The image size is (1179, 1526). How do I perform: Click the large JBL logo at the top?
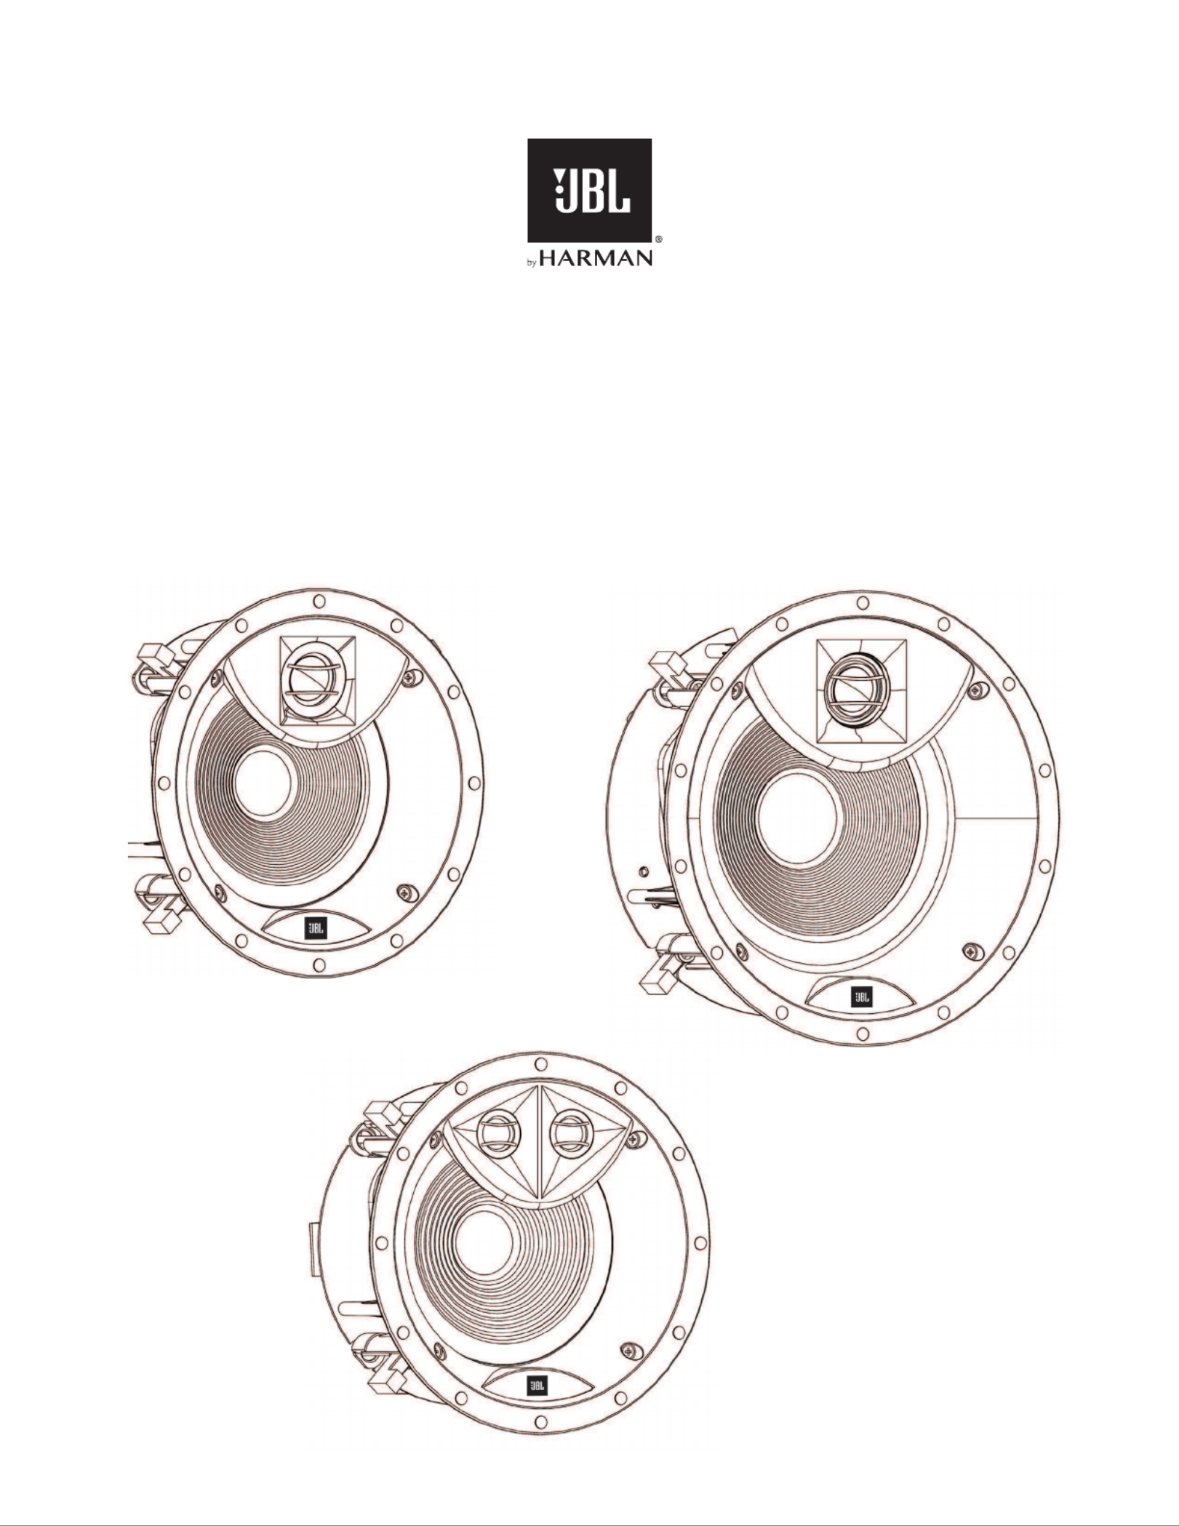coord(589,191)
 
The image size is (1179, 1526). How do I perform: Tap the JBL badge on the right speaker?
coord(861,996)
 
